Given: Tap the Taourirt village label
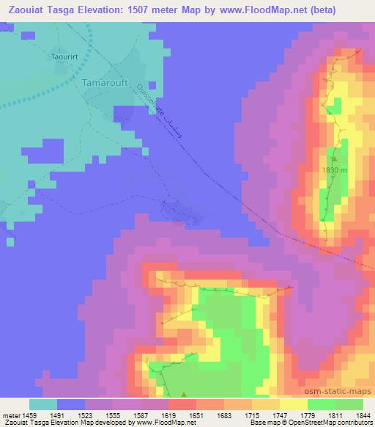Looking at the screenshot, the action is click(x=64, y=56).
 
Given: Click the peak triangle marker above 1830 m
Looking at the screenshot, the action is click(x=334, y=156).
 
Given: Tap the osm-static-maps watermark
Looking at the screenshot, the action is click(x=343, y=391).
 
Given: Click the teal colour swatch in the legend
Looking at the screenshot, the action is click(x=43, y=404).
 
